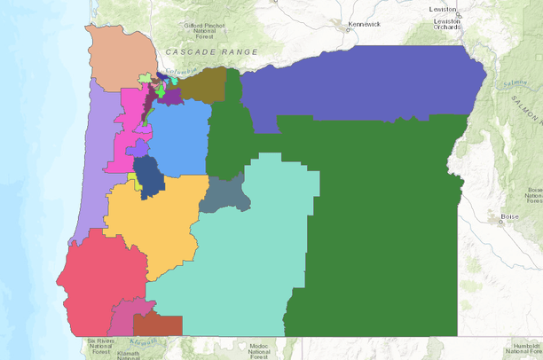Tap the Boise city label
[509, 217]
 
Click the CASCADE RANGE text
[211, 52]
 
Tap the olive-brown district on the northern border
[206, 84]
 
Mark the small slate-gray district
[224, 193]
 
